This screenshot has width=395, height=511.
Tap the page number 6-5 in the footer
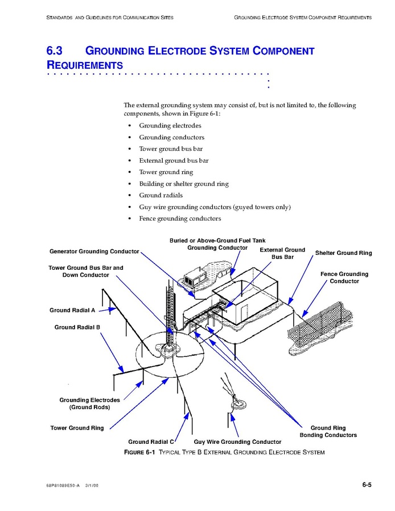[366, 485]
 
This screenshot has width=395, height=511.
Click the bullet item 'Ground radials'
[161, 196]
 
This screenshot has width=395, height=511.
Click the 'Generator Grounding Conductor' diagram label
[94, 252]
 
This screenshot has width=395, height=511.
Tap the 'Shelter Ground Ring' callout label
[343, 253]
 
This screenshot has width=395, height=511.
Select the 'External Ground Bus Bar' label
[282, 254]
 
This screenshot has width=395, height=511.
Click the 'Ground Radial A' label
[72, 311]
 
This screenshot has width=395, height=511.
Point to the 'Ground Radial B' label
[77, 328]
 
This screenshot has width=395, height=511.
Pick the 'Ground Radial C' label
[151, 442]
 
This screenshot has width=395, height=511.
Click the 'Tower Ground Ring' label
[77, 428]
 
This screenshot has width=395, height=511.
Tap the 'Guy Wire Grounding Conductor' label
[237, 442]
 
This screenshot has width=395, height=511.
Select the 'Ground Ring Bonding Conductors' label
[328, 432]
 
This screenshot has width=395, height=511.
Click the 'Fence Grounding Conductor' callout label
[344, 278]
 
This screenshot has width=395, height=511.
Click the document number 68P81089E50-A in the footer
[63, 485]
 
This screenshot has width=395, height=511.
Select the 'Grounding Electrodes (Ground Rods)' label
[89, 404]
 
